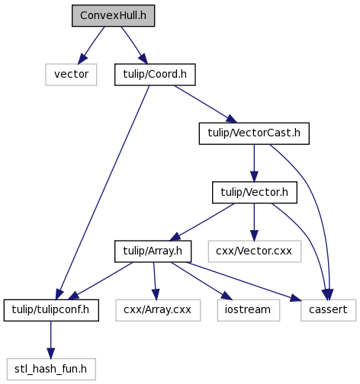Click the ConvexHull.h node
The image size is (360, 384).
pos(113,15)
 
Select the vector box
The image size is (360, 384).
pos(71,75)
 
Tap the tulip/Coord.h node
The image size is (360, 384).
pos(155,75)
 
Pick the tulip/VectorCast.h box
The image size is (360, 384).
pos(254,133)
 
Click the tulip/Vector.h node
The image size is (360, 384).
pos(255,192)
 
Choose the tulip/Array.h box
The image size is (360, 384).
pos(153,251)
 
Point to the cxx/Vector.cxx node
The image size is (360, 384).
pos(255,251)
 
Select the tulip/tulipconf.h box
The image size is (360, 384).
pos(51,310)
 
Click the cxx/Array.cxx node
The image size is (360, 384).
pos(158,310)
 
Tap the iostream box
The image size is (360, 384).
pos(249,310)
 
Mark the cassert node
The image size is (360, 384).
pos(328,310)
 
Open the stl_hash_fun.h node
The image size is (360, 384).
pos(51,369)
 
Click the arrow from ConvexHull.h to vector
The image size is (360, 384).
pos(91,45)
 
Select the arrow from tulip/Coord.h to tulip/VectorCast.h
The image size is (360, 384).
pos(205,104)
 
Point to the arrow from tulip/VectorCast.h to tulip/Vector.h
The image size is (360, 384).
pos(254,163)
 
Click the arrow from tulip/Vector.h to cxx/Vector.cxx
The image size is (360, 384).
pos(254,222)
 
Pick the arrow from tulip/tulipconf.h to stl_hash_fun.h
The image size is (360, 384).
pos(50,340)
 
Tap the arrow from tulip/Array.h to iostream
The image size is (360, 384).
pos(201,281)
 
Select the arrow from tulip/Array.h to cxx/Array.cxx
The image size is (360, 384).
pos(155,281)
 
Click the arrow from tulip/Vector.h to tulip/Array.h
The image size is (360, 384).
pos(202,222)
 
